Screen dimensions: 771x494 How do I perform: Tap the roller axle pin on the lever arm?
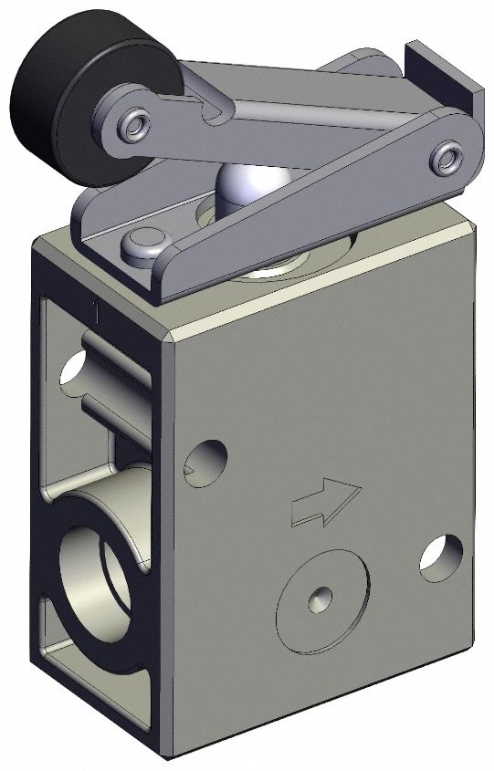[137, 121]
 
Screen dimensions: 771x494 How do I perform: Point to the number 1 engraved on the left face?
[95, 308]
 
